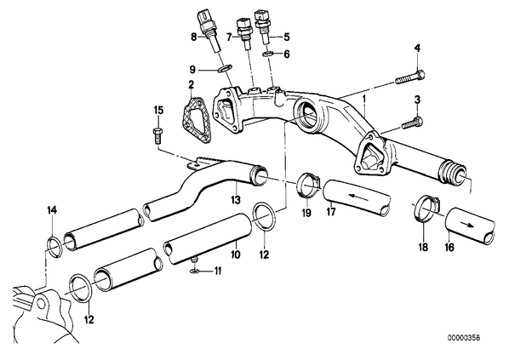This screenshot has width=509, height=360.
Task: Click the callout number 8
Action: [x=193, y=37]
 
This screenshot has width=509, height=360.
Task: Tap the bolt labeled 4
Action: [x=410, y=77]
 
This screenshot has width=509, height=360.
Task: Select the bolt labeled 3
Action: [x=413, y=123]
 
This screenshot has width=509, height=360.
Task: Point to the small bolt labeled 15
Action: [x=157, y=135]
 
